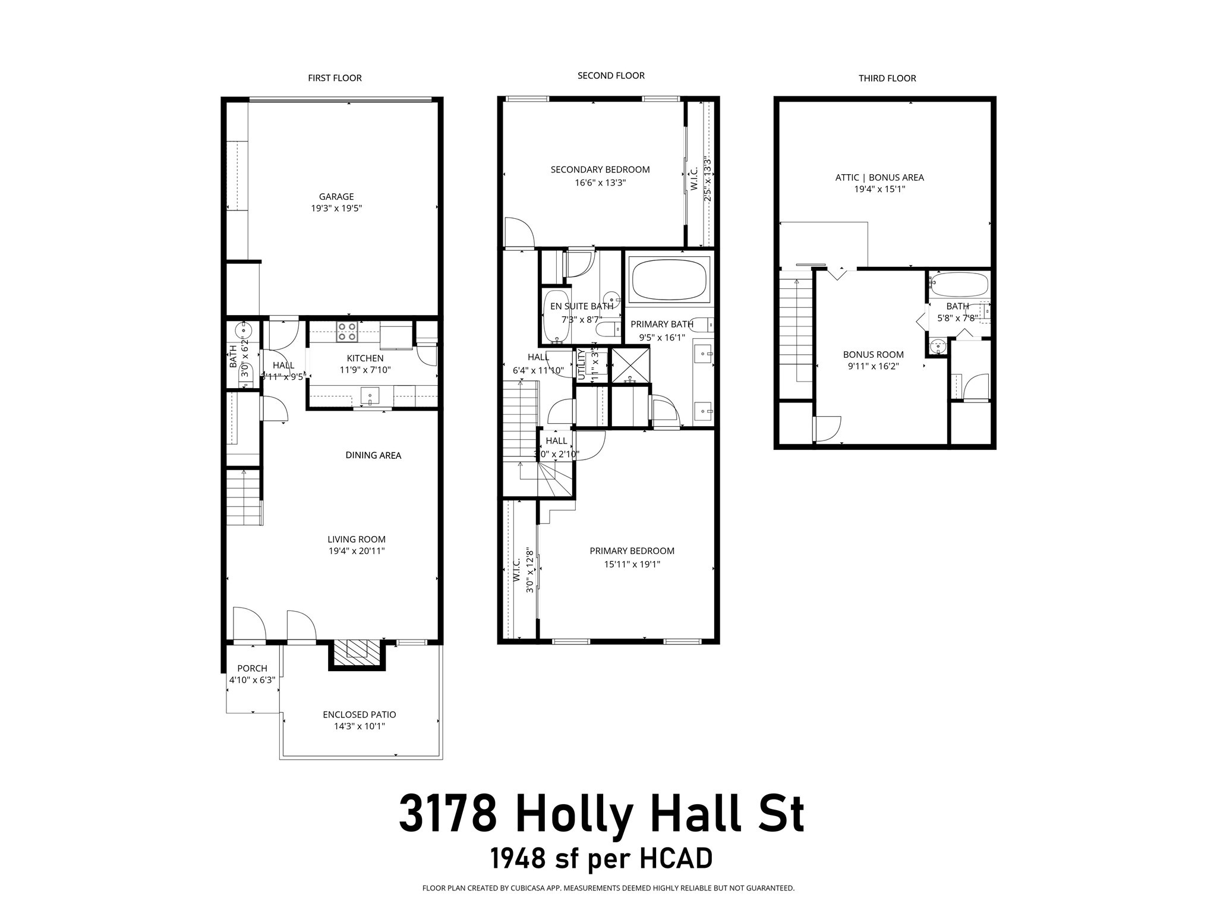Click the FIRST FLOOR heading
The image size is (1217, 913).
pyautogui.click(x=335, y=78)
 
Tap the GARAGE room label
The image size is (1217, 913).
pyautogui.click(x=336, y=197)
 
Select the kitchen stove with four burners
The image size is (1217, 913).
pyautogui.click(x=347, y=332)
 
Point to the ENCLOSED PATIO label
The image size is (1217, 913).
pyautogui.click(x=359, y=714)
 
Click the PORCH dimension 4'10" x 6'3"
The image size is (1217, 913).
pyautogui.click(x=253, y=680)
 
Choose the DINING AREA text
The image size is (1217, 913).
pyautogui.click(x=373, y=455)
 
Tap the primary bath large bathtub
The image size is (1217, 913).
pyautogui.click(x=670, y=279)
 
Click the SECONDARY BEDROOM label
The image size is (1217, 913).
pyautogui.click(x=600, y=169)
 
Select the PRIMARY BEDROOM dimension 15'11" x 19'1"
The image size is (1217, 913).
pyautogui.click(x=632, y=564)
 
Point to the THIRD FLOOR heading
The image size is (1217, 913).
pyautogui.click(x=887, y=78)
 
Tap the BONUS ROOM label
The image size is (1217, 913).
pyautogui.click(x=873, y=355)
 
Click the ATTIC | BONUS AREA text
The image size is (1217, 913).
pyautogui.click(x=879, y=177)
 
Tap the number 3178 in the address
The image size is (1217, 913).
pyautogui.click(x=447, y=814)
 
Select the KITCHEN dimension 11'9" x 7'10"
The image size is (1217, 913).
pyautogui.click(x=365, y=370)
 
